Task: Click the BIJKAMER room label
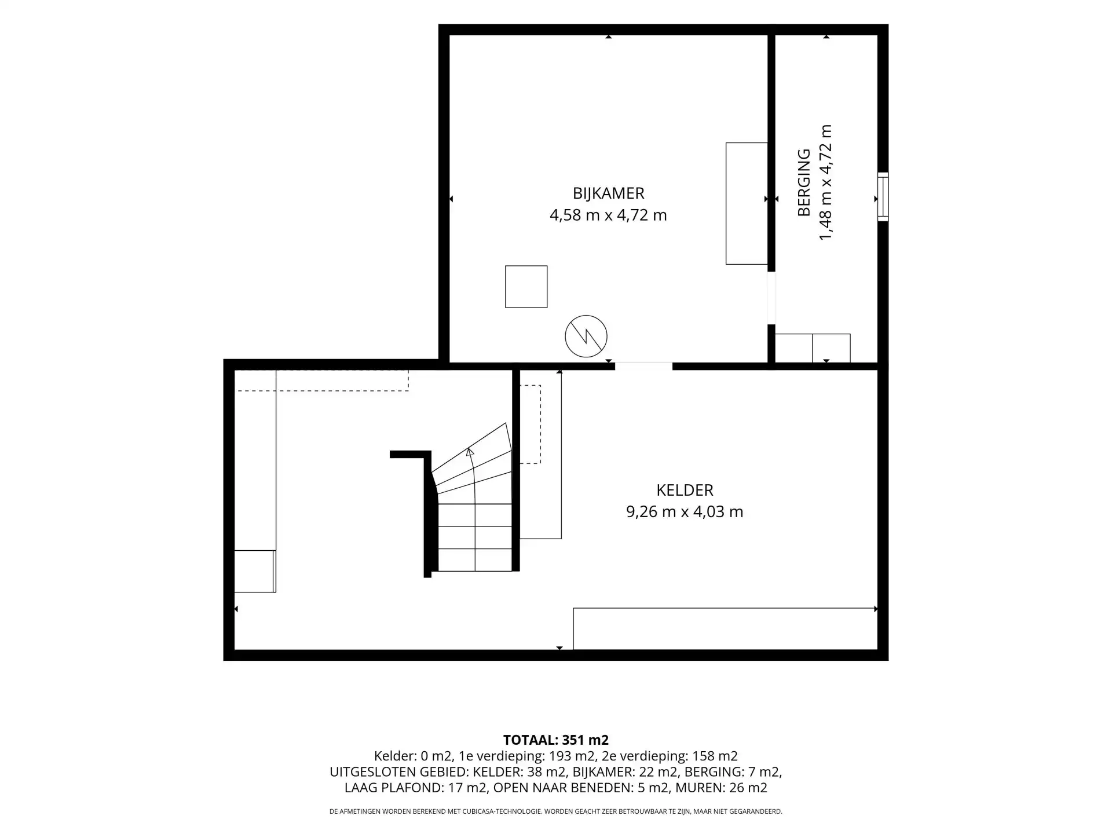tap(608, 193)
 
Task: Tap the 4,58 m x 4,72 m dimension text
tap(608, 215)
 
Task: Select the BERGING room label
tap(804, 182)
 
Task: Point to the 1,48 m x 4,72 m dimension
tap(825, 182)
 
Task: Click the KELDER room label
tap(685, 490)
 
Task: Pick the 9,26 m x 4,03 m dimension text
tap(685, 512)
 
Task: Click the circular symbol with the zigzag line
tap(586, 336)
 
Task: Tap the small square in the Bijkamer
tap(526, 287)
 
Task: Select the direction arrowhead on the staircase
tap(470, 452)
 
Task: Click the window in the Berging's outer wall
tap(883, 197)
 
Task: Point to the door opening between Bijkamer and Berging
tap(771, 298)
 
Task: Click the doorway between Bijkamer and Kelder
tap(643, 366)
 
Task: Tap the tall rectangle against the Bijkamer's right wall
tap(747, 203)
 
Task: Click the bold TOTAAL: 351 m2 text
tap(556, 740)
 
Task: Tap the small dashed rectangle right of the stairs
tap(530, 425)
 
